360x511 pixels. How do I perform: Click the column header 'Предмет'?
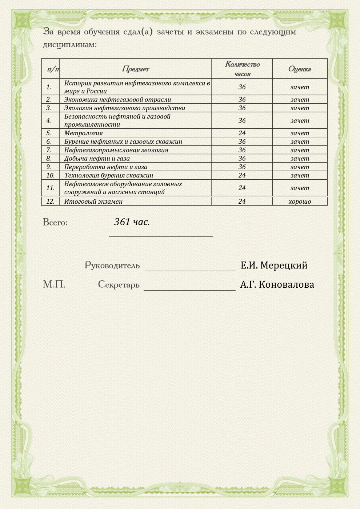(135, 69)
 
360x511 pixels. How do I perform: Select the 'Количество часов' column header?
(242, 69)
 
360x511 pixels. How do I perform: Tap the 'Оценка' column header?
(299, 69)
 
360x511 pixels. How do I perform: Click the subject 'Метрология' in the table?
(83, 133)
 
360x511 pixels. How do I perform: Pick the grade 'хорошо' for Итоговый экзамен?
(300, 201)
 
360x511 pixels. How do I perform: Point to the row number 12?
(50, 201)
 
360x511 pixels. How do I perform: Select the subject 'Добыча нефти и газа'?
(97, 159)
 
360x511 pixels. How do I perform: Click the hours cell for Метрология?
(242, 133)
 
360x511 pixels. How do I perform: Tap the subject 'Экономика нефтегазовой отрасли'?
(117, 100)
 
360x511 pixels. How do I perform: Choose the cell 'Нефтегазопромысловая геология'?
(116, 150)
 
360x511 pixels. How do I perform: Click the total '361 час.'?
(132, 222)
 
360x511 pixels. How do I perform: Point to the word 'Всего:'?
(55, 222)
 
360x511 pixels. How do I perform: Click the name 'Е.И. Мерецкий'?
(274, 266)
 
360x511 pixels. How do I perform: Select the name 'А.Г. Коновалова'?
(277, 284)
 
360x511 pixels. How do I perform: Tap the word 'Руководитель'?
(112, 266)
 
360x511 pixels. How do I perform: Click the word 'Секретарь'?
(119, 284)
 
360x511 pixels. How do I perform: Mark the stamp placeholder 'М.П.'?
(54, 284)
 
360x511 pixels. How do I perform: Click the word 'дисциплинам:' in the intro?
(70, 45)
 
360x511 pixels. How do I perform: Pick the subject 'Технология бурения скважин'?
(108, 175)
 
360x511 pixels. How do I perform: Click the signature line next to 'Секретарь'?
(189, 290)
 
